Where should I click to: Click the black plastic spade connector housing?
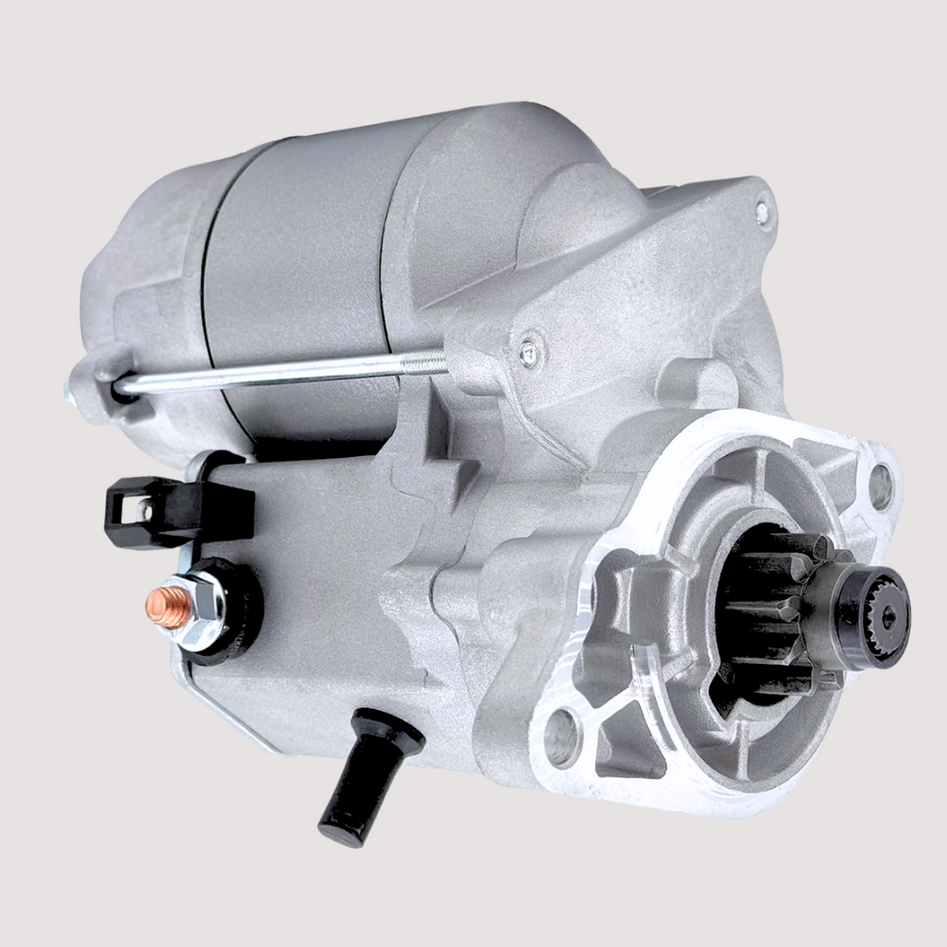click(180, 509)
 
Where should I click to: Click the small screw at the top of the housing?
click(763, 212)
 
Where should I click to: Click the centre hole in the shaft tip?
click(889, 618)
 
